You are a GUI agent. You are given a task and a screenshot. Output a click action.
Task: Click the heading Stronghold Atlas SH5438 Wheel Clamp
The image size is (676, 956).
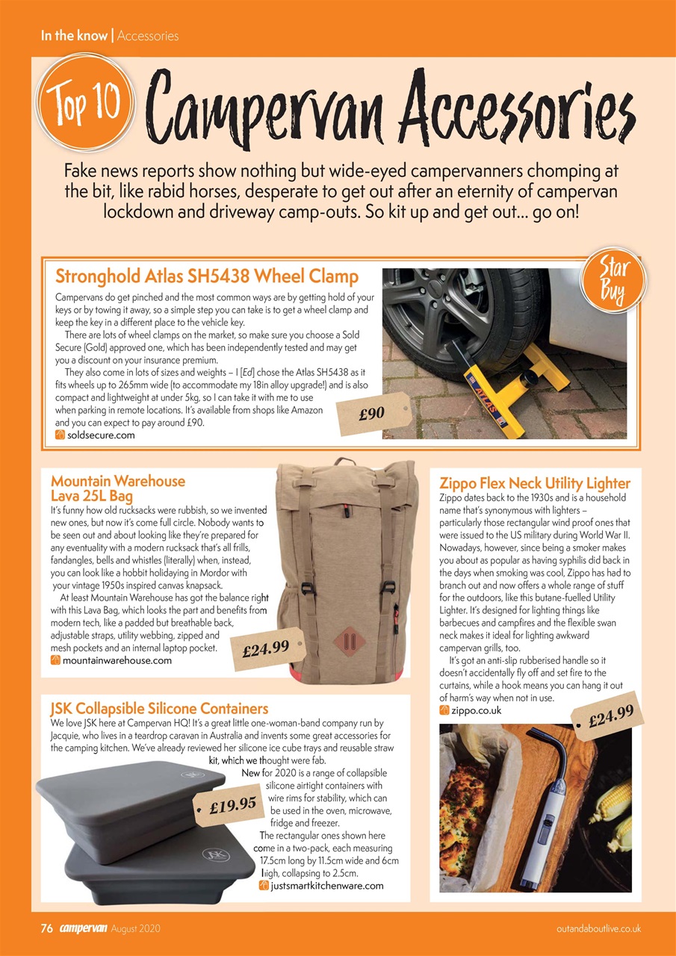(x=207, y=276)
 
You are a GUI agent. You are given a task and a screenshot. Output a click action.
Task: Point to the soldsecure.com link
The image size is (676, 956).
(x=101, y=435)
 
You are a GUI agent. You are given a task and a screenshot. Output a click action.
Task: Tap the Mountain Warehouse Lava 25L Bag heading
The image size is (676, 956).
(x=117, y=488)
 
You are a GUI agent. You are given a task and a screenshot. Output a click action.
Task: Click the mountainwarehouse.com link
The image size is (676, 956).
(x=117, y=660)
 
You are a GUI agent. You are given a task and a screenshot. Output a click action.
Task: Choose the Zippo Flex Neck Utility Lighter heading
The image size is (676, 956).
(x=535, y=483)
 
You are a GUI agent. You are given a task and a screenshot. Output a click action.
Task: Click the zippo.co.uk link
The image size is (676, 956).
(x=477, y=710)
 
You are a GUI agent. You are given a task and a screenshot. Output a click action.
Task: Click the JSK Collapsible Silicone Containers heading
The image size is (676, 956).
(x=158, y=708)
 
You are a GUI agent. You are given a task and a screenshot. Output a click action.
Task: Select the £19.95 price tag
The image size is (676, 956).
(x=232, y=805)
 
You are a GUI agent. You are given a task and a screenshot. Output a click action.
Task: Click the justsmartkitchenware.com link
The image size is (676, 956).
(x=326, y=886)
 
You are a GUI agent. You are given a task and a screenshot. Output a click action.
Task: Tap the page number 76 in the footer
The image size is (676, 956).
(x=46, y=929)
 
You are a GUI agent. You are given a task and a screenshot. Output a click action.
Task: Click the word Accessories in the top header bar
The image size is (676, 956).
(x=148, y=35)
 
